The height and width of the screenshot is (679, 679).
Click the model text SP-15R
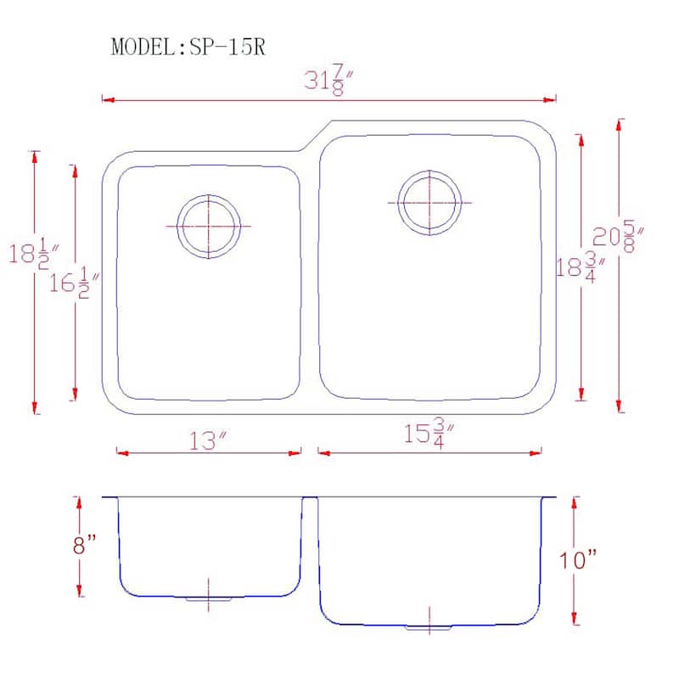(x=188, y=47)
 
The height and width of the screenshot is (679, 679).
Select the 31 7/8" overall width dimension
(x=329, y=82)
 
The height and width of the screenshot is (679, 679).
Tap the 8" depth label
(x=83, y=545)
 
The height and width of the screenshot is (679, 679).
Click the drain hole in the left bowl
(x=208, y=227)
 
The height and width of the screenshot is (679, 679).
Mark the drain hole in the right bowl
(x=431, y=203)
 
